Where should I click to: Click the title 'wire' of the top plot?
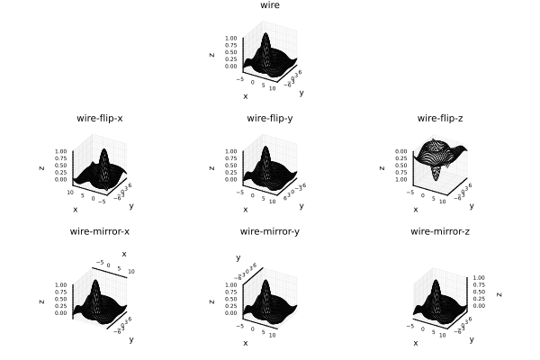click(269, 5)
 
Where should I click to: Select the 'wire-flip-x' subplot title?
click(99, 118)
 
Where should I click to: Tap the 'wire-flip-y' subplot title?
click(269, 118)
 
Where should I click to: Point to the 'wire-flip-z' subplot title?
click(440, 118)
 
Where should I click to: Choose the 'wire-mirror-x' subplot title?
click(100, 231)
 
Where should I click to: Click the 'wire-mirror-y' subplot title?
click(269, 231)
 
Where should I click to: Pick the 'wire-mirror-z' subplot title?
click(440, 231)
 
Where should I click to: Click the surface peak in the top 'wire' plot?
click(266, 35)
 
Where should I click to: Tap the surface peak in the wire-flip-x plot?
click(105, 150)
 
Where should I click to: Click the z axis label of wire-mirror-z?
click(499, 293)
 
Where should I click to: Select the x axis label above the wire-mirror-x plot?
click(124, 254)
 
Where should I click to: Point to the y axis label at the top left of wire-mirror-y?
click(238, 257)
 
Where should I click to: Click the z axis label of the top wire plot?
click(211, 54)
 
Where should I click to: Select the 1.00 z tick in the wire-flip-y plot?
click(230, 151)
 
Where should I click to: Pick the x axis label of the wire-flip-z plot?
click(416, 209)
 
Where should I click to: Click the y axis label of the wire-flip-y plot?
click(301, 205)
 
